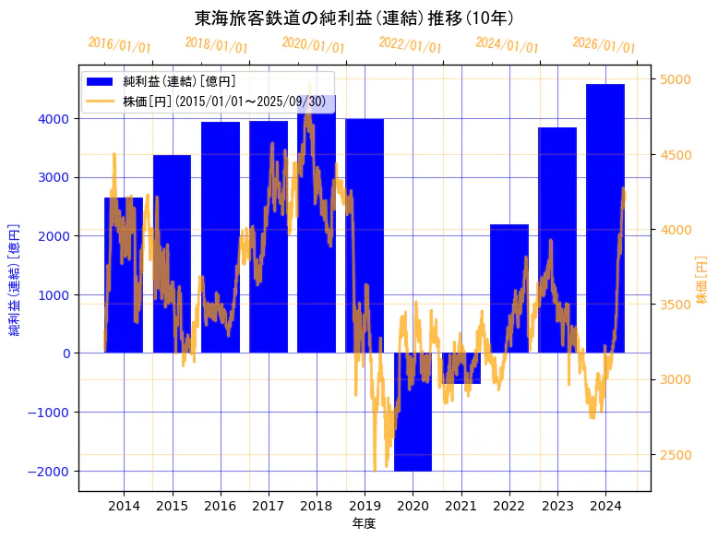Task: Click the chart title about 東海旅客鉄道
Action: click(354, 18)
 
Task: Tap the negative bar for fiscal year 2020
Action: click(413, 412)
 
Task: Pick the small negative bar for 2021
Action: click(461, 368)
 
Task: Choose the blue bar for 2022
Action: click(509, 288)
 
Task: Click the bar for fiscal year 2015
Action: click(172, 254)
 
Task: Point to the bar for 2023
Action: click(557, 240)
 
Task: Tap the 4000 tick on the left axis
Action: click(52, 119)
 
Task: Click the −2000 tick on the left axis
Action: click(48, 471)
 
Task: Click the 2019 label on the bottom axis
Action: click(365, 506)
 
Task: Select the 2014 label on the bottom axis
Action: click(124, 506)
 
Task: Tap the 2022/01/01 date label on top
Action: click(410, 44)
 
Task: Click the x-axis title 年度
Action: click(364, 523)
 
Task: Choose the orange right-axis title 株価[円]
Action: click(701, 282)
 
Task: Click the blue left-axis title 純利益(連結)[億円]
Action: click(14, 278)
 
